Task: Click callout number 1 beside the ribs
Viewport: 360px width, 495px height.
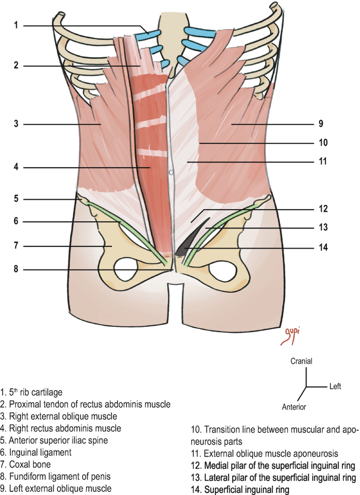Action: tap(16, 25)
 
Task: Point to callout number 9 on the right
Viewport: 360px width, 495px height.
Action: tap(320, 125)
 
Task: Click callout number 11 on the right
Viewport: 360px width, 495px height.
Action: tap(323, 162)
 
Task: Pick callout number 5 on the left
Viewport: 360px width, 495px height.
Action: tap(16, 199)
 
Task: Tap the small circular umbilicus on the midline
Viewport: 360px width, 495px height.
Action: tap(171, 172)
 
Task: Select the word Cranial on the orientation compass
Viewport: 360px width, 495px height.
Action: tap(301, 362)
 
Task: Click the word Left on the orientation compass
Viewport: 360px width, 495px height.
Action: tap(335, 387)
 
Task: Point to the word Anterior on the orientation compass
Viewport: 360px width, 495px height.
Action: tap(294, 407)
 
